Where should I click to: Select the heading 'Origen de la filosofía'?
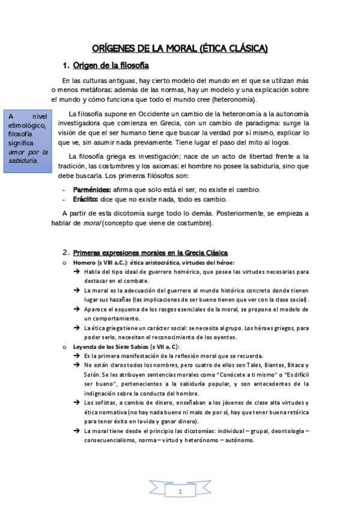(x=111, y=65)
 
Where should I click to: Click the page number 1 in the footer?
(x=180, y=493)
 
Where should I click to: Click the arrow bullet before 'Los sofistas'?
(x=77, y=402)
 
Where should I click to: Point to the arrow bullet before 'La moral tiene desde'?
(x=77, y=431)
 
